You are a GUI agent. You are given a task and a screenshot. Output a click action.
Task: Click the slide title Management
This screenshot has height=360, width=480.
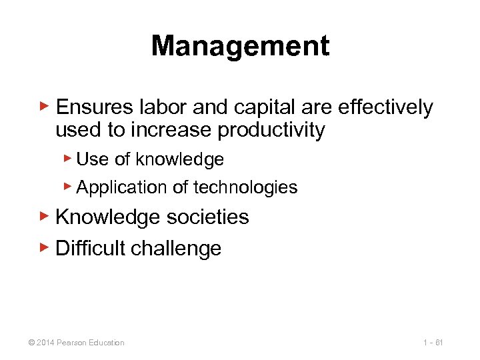click(240, 47)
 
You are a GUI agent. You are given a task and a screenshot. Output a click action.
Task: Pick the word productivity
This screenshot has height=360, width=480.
click(271, 130)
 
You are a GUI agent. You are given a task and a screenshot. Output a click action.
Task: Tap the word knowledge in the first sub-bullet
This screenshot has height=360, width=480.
click(179, 159)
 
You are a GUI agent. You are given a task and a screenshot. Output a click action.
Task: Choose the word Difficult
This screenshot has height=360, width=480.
click(91, 248)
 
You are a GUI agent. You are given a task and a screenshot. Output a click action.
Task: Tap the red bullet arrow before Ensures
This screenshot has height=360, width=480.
click(44, 105)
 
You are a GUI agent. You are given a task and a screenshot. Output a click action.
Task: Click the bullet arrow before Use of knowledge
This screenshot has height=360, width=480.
click(68, 158)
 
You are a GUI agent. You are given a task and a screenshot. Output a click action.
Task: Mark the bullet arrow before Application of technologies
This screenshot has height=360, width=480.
click(68, 186)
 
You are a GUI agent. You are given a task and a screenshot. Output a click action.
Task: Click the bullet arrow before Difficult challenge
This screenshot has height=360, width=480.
click(44, 247)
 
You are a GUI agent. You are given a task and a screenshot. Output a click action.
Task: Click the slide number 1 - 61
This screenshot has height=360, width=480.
click(433, 343)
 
